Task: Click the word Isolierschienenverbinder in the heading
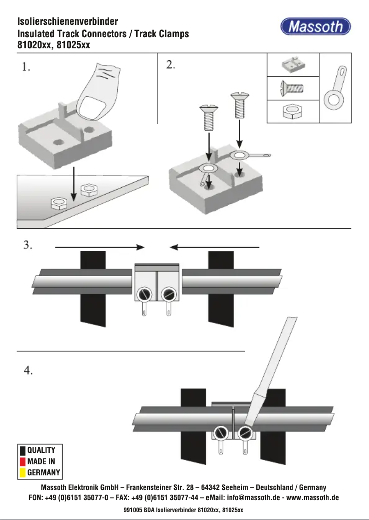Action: point(68,22)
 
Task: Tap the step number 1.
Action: point(26,67)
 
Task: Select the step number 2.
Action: point(171,65)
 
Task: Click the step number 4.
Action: point(28,370)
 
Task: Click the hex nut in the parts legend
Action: point(293,112)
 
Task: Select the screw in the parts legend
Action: point(293,88)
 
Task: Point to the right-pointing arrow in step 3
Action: point(99,247)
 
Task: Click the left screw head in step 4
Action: point(221,433)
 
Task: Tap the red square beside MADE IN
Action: point(22,461)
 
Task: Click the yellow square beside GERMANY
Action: point(22,472)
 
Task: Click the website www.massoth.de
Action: point(312,498)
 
